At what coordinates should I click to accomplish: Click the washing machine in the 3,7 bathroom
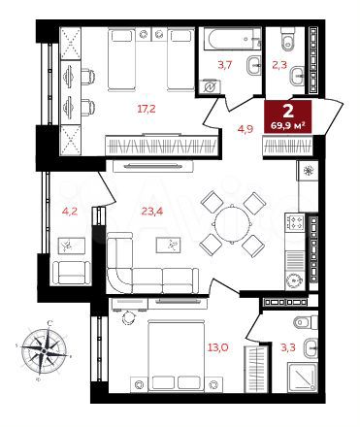[x=212, y=87]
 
